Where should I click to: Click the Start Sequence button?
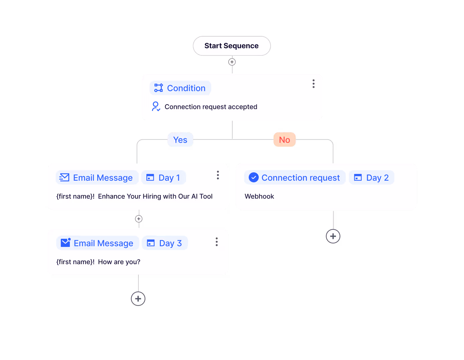(232, 46)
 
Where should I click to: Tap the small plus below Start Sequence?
(232, 62)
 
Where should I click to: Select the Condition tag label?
(180, 88)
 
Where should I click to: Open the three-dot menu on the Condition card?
(313, 84)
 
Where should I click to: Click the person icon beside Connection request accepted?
(156, 107)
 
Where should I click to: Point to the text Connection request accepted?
(211, 107)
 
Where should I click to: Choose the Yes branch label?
(180, 140)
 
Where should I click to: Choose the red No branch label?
(284, 140)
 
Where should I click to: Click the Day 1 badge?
(163, 178)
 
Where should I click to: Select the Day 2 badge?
(371, 178)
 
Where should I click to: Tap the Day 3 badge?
(164, 243)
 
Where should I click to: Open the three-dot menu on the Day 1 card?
(218, 175)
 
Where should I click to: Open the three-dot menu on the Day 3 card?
(217, 242)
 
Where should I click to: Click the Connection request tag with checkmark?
(295, 178)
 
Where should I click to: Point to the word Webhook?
(259, 196)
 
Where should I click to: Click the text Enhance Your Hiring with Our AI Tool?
(155, 196)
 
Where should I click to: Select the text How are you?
(119, 262)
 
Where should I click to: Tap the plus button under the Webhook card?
(333, 236)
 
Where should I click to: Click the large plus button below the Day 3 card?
(138, 299)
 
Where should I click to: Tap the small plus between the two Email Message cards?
(139, 219)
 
